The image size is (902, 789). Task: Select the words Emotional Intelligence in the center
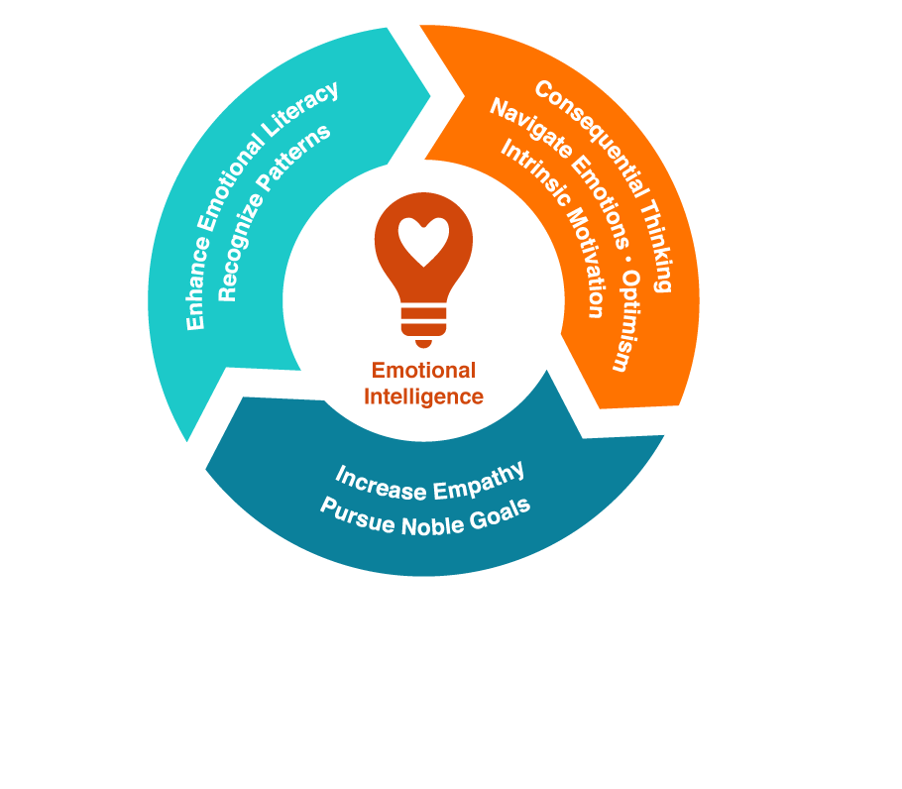pyautogui.click(x=423, y=384)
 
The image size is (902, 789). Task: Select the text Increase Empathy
pyautogui.click(x=429, y=482)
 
